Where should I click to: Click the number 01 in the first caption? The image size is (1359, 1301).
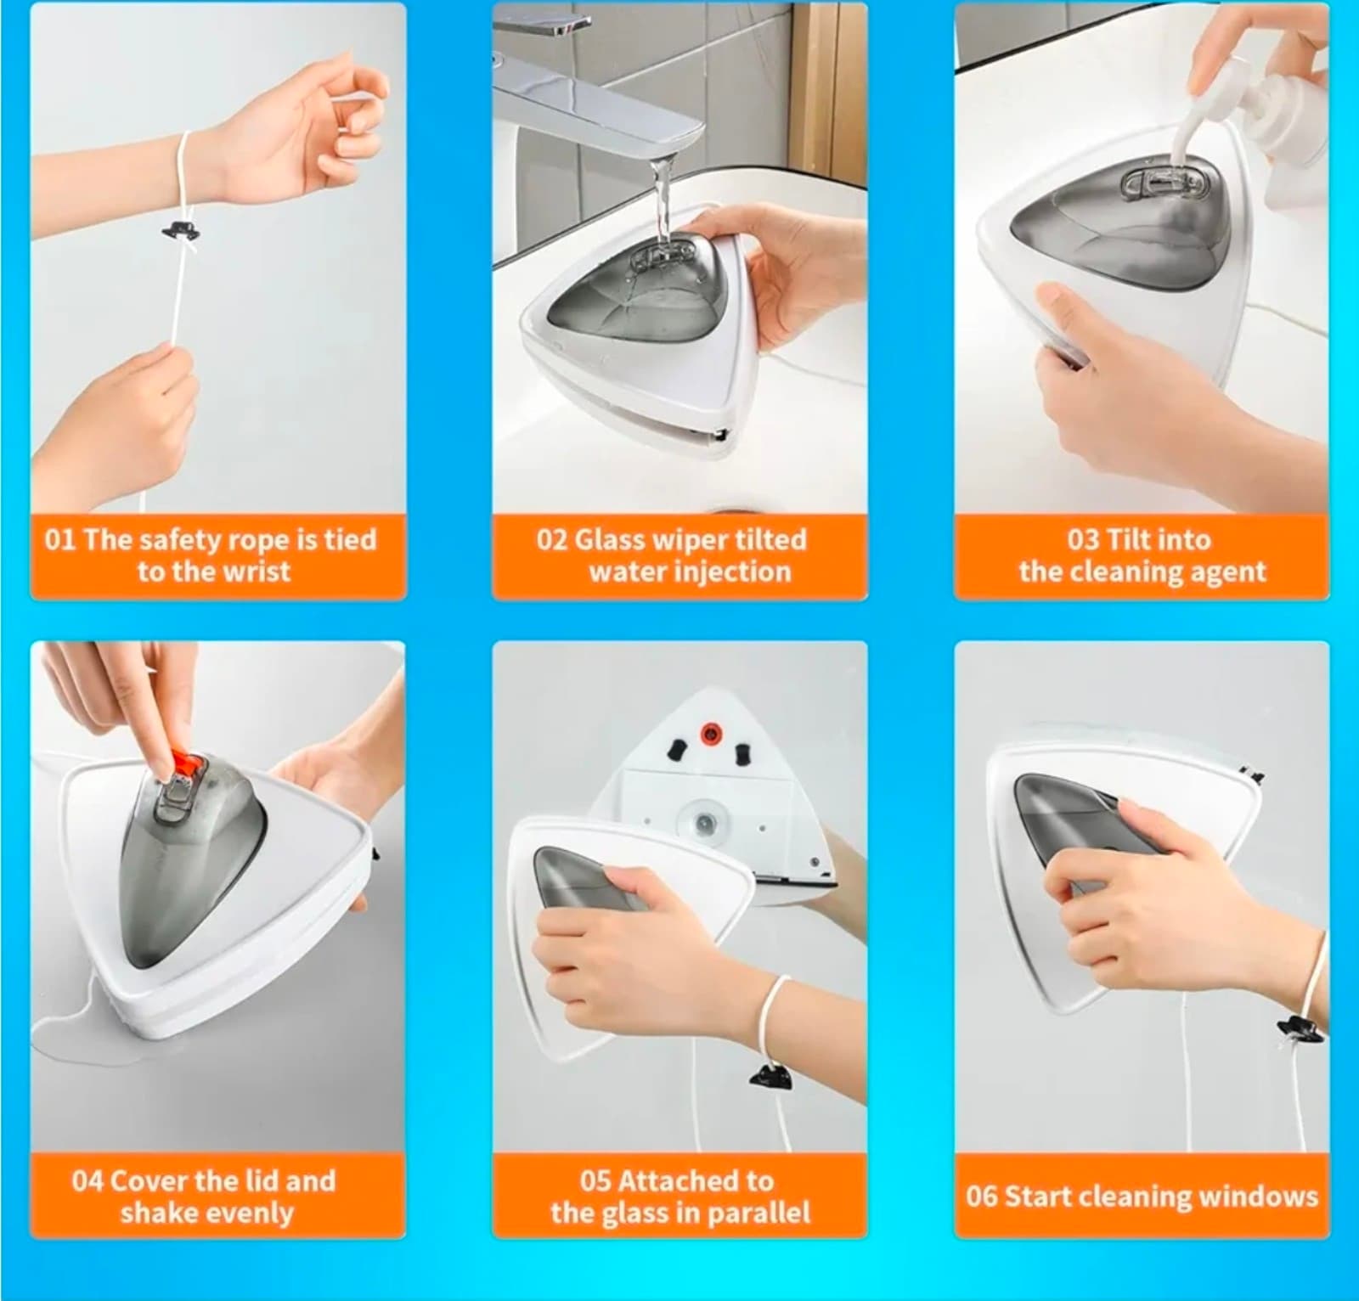(x=59, y=541)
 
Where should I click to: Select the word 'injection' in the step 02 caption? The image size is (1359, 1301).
(x=736, y=572)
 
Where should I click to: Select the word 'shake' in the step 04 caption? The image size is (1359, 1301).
(x=155, y=1213)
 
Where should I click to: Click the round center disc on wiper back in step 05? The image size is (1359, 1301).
(x=704, y=822)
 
